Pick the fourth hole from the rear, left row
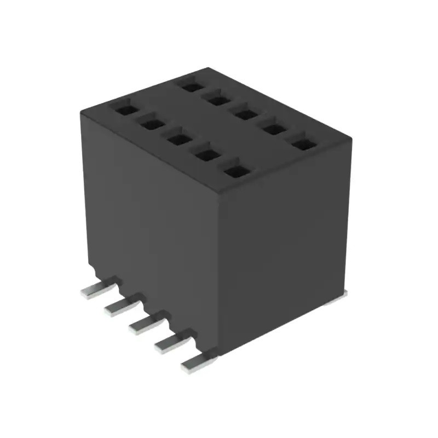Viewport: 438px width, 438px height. click(x=208, y=155)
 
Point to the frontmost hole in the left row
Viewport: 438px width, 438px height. click(x=237, y=171)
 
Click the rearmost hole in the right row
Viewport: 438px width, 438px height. click(x=190, y=85)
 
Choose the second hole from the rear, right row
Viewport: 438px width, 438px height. click(x=218, y=99)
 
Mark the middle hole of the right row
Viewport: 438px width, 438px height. click(x=246, y=114)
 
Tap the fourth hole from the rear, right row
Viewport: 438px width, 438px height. click(x=274, y=129)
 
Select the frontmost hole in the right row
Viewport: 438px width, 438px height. click(x=303, y=144)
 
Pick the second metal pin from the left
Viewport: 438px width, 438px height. click(x=122, y=307)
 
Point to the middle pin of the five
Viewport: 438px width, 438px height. click(x=146, y=325)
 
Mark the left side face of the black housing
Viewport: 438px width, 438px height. click(x=153, y=230)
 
